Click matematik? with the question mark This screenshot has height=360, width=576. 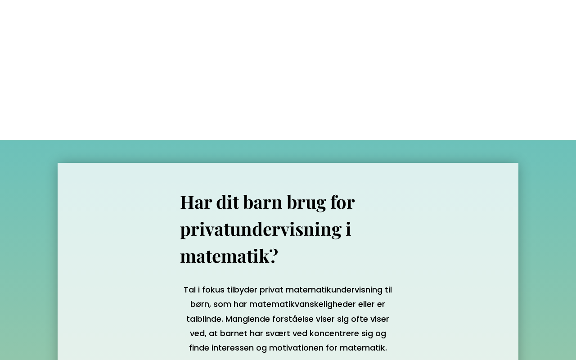(229, 256)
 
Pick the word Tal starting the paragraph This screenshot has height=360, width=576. (189, 290)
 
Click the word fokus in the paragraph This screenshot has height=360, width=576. (213, 290)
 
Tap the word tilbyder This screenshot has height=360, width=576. (242, 290)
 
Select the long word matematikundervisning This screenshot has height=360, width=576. (334, 290)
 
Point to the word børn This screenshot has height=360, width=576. (200, 304)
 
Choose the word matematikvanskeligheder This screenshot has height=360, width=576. (302, 304)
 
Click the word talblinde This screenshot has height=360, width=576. (204, 319)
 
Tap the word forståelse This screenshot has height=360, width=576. (292, 319)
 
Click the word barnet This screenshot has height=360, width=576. (234, 333)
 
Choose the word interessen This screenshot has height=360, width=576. (232, 348)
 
